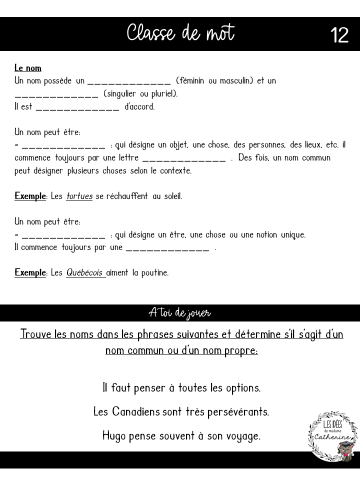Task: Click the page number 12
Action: (339, 35)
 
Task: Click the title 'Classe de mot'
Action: (180, 34)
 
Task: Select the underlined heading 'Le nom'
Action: (28, 68)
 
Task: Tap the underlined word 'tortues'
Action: (79, 196)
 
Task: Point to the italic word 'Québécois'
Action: (85, 273)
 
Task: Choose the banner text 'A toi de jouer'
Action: (180, 313)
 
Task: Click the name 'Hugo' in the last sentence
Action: (114, 435)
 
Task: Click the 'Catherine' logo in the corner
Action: (332, 434)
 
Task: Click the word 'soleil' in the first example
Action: (171, 196)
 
